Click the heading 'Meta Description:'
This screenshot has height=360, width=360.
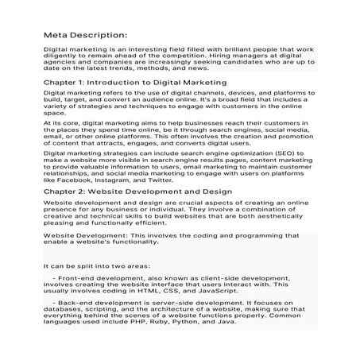[85, 35]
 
